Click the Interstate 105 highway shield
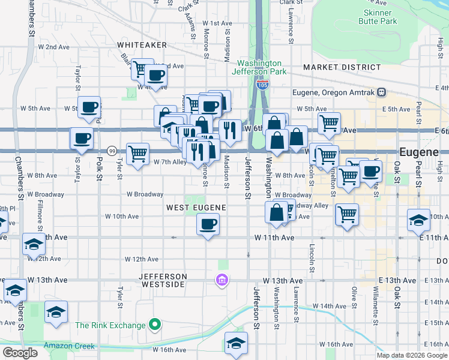click(262, 85)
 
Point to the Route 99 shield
click(112, 150)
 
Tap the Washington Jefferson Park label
click(259, 67)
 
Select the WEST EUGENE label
click(196, 208)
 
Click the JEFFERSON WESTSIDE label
click(163, 280)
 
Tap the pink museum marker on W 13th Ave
click(221, 280)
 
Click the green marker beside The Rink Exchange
click(155, 325)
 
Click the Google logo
click(20, 353)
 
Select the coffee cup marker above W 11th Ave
click(208, 225)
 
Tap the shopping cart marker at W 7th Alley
click(138, 154)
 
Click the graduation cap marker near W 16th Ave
click(236, 344)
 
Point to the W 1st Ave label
click(217, 23)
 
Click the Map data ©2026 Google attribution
click(412, 355)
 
